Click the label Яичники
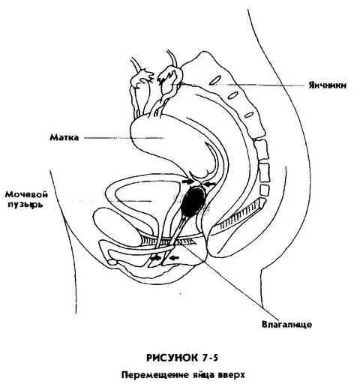[328, 85]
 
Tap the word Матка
[64, 137]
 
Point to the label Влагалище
[286, 325]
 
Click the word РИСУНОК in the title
[171, 358]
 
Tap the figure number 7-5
[209, 358]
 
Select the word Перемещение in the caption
[155, 375]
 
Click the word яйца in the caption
[202, 376]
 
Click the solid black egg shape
[194, 201]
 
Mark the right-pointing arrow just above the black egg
[187, 181]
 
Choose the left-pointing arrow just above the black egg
[209, 184]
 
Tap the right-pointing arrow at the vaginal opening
[156, 257]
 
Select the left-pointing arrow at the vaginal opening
[174, 257]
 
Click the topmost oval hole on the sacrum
[215, 80]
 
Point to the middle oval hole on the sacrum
[232, 95]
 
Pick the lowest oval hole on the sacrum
[249, 115]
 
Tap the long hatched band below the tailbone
[239, 215]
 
